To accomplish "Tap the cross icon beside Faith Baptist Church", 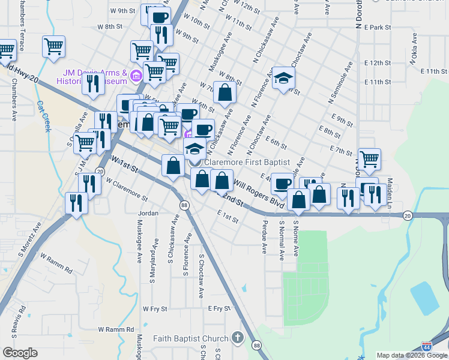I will pyautogui.click(x=238, y=338).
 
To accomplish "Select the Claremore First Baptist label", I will pyautogui.click(x=247, y=162).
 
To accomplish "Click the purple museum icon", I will pyautogui.click(x=136, y=76).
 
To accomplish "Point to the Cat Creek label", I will pyautogui.click(x=43, y=116).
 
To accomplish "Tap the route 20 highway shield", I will pyautogui.click(x=408, y=215).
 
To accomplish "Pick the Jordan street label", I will pyautogui.click(x=148, y=213).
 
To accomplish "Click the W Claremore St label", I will pyautogui.click(x=127, y=188).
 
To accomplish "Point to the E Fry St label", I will pyautogui.click(x=219, y=308).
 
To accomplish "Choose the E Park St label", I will pyautogui.click(x=377, y=28).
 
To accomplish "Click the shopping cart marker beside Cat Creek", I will pyautogui.click(x=54, y=46).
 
